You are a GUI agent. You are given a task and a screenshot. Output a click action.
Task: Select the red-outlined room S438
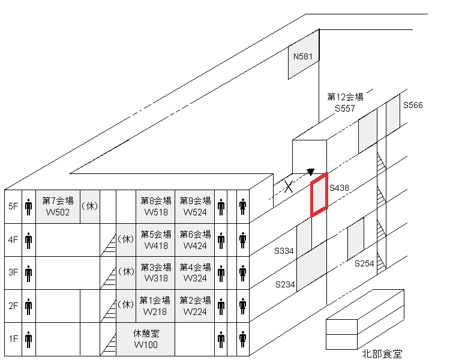pyautogui.click(x=319, y=194)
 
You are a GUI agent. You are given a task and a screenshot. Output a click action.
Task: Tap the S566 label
pyautogui.click(x=413, y=105)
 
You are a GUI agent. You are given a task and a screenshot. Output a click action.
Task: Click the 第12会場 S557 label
pyautogui.click(x=345, y=103)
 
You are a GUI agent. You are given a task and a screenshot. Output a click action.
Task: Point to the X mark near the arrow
pyautogui.click(x=289, y=187)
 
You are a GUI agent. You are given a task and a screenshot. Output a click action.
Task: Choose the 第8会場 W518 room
pyautogui.click(x=156, y=206)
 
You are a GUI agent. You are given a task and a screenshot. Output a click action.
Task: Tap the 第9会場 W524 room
pyautogui.click(x=195, y=206)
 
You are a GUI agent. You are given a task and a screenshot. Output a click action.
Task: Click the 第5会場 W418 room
pyautogui.click(x=156, y=239)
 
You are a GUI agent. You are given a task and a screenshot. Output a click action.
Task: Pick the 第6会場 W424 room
pyautogui.click(x=195, y=239)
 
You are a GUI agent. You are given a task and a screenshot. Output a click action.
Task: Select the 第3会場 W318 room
pyautogui.click(x=156, y=272)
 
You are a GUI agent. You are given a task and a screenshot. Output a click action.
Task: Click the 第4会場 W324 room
pyautogui.click(x=195, y=272)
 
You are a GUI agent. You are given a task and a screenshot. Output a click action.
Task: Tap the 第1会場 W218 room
pyautogui.click(x=156, y=305)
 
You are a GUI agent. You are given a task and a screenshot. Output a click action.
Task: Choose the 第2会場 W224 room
pyautogui.click(x=195, y=305)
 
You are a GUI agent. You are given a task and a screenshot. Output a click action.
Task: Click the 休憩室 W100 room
pyautogui.click(x=146, y=338)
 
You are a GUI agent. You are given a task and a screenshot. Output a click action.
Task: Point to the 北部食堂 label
pyautogui.click(x=382, y=353)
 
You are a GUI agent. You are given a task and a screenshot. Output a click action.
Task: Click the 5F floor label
pyautogui.click(x=13, y=206)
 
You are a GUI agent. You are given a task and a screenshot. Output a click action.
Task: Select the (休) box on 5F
pyautogui.click(x=90, y=206)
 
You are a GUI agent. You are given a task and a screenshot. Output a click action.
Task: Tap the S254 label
pyautogui.click(x=364, y=263)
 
